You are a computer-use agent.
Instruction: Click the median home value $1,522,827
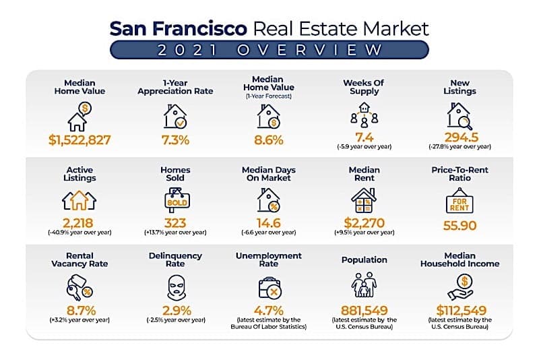[x=80, y=140]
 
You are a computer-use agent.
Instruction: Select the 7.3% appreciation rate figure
[x=175, y=140]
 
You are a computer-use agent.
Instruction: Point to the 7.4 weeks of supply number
[x=364, y=138]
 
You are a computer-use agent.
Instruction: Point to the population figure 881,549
[x=364, y=311]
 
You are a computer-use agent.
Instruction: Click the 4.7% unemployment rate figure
[x=269, y=311]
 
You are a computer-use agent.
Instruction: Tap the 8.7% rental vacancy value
[x=80, y=311]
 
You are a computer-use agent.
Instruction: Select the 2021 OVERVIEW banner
[x=269, y=50]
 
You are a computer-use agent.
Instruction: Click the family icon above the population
[x=364, y=286]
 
